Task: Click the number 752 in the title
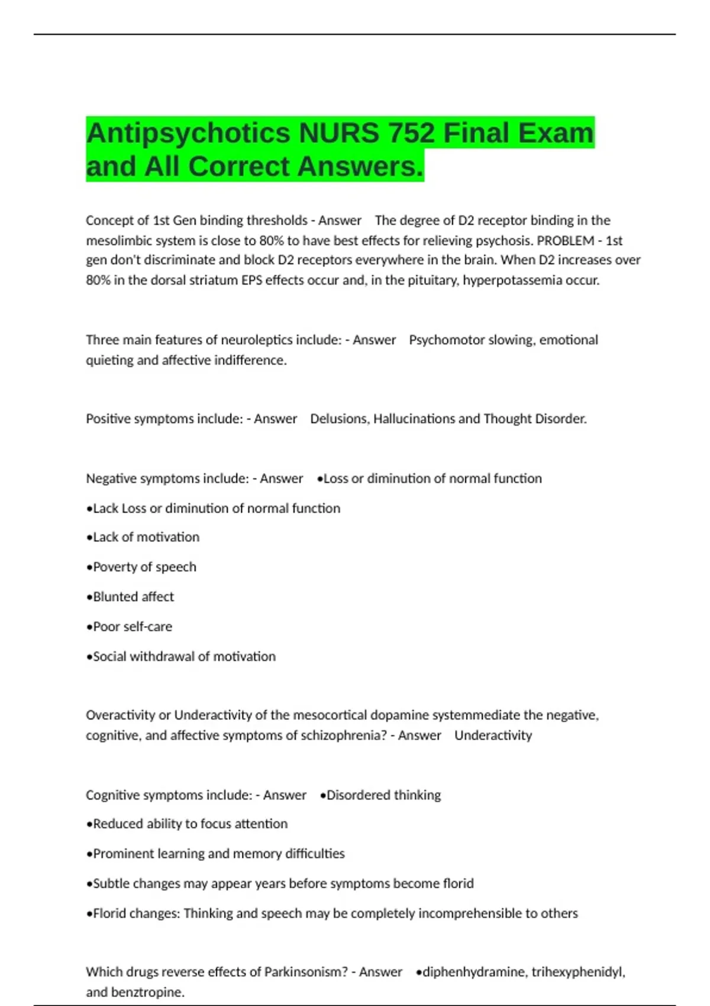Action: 411,133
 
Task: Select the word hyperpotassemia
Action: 512,280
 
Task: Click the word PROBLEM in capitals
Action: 566,240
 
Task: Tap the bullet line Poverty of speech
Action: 142,566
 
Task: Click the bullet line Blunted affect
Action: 131,596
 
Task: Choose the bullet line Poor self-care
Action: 130,626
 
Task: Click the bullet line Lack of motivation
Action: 144,537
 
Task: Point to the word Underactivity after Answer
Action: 493,735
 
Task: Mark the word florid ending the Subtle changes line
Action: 458,884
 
